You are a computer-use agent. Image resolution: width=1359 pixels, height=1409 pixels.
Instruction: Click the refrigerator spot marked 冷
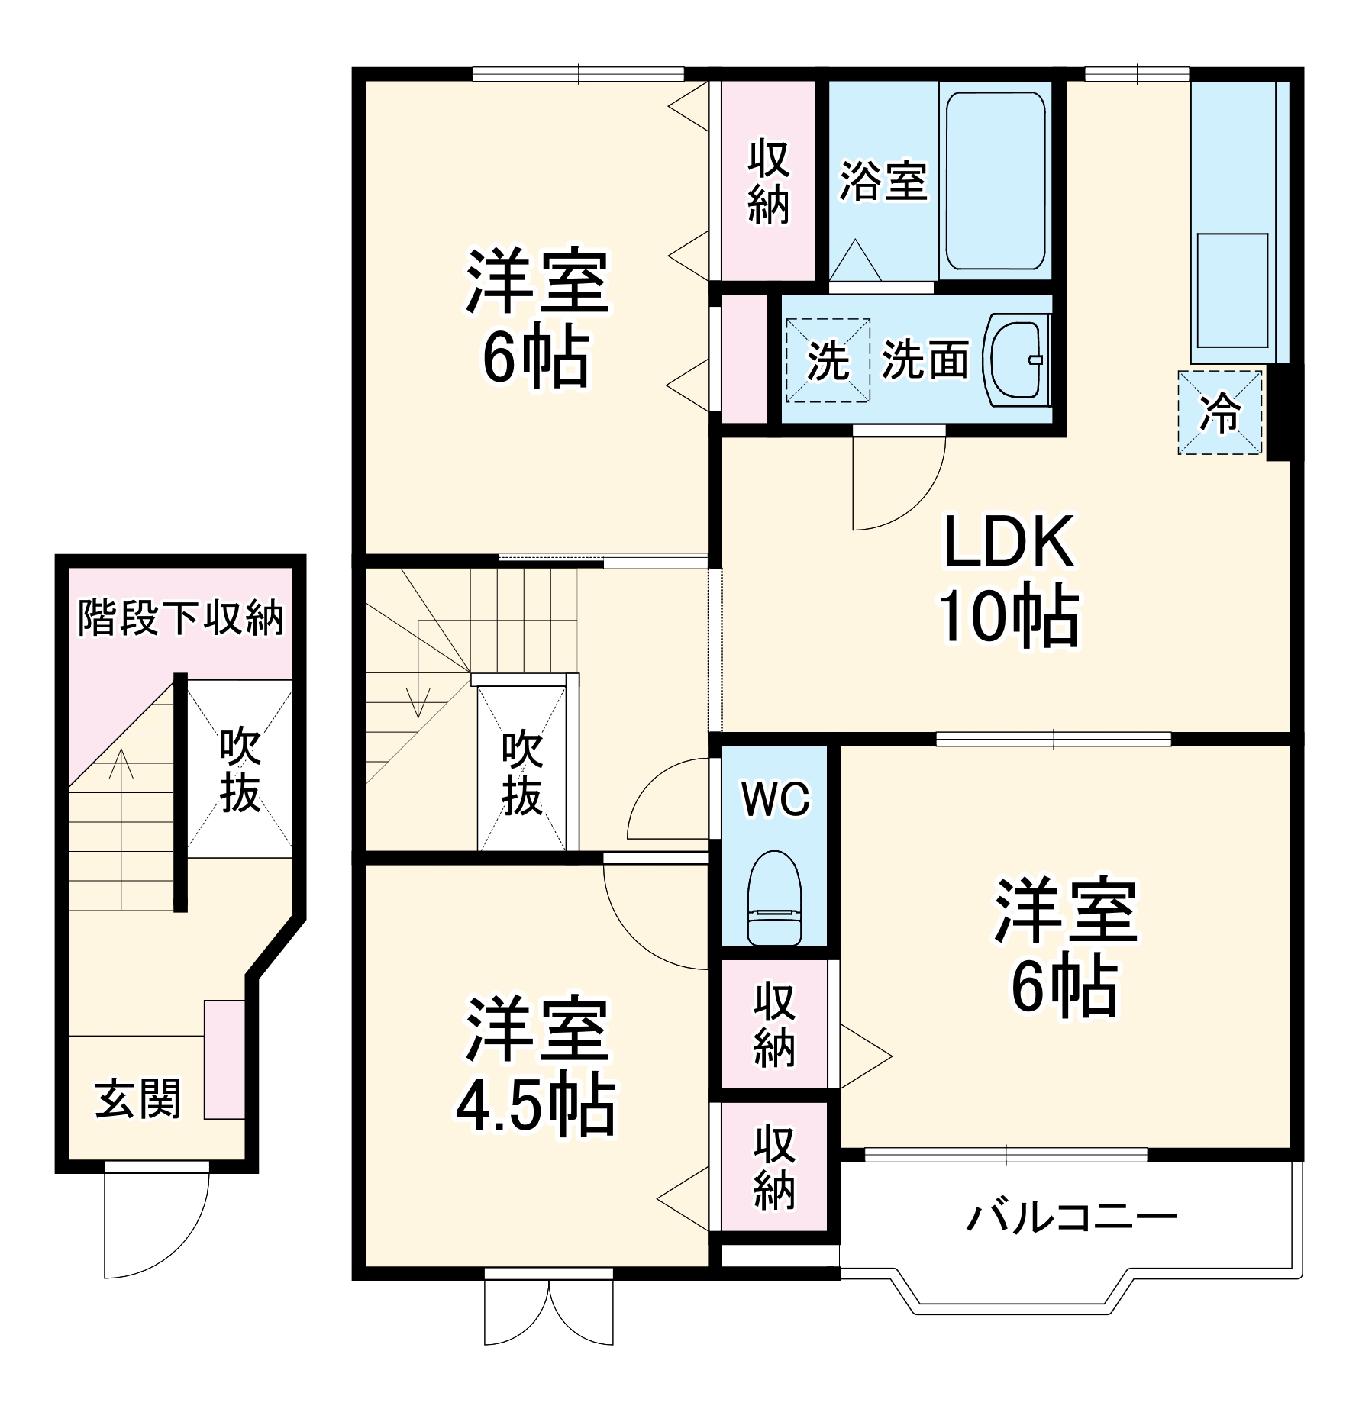(1219, 413)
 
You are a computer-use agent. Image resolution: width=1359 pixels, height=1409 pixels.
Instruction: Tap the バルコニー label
(1071, 1218)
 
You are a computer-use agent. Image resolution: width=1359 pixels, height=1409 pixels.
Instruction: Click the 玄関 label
(137, 1098)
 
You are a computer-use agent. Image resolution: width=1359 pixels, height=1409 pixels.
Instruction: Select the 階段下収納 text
(181, 617)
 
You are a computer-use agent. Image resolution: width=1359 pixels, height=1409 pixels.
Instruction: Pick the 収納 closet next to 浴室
(768, 181)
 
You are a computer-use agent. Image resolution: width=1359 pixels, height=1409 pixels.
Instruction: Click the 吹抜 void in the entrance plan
(240, 771)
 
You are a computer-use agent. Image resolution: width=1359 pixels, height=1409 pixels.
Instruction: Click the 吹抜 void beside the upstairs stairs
(522, 772)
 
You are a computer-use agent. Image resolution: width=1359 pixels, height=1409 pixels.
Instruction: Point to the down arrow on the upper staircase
(417, 698)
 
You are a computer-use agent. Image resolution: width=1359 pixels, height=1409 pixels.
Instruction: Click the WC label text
(776, 799)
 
